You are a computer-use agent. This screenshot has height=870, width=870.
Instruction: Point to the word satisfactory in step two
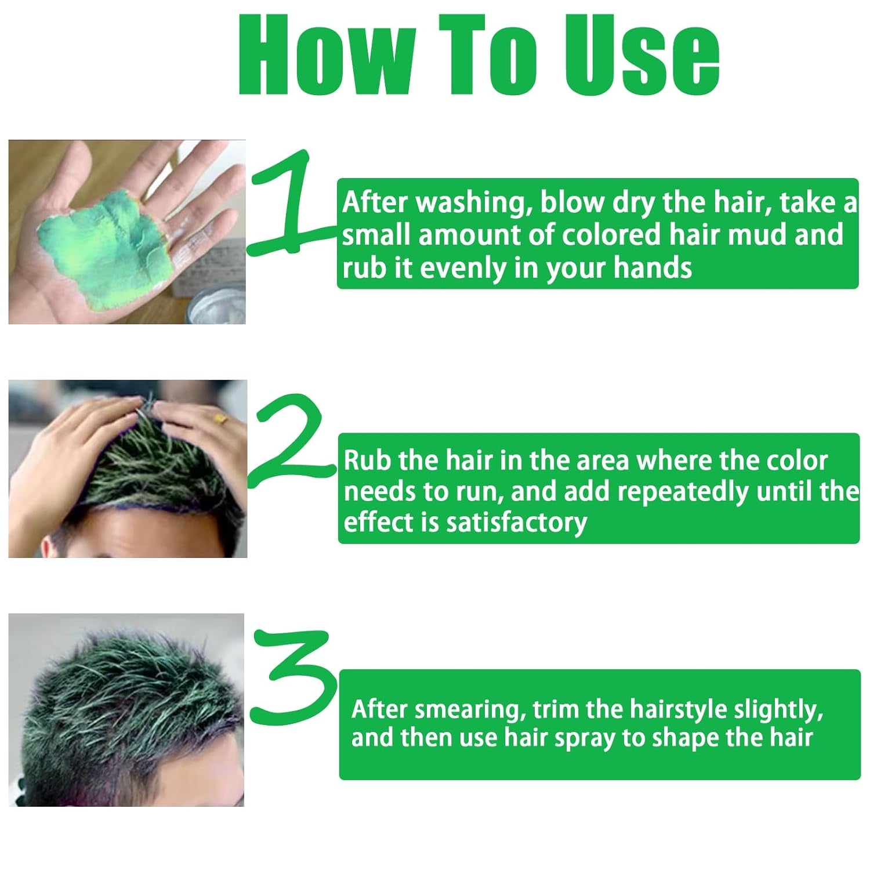click(x=516, y=522)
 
